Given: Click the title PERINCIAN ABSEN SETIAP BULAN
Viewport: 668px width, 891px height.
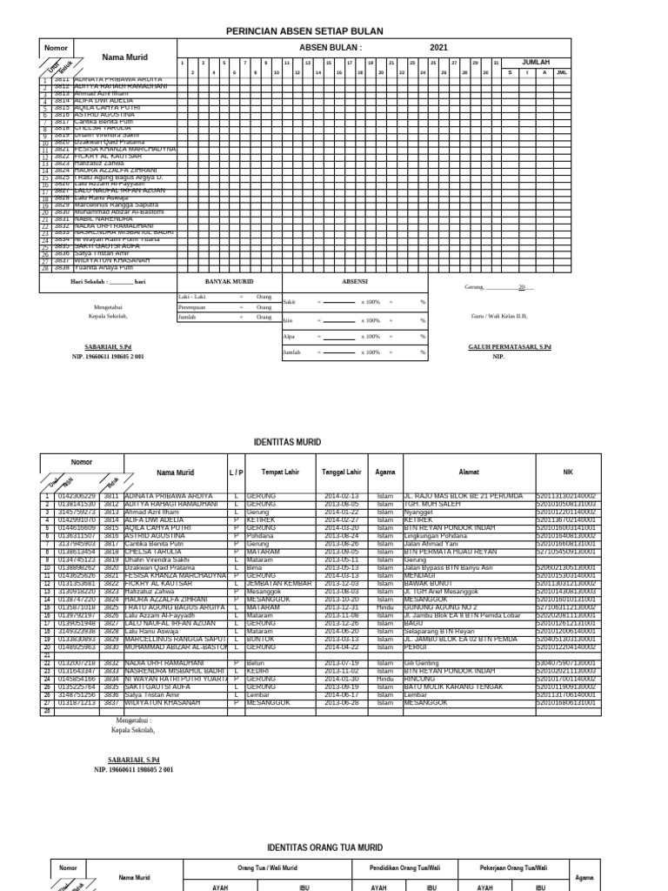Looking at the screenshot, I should coord(304,31).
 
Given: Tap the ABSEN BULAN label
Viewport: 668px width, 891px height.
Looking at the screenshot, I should coord(330,48).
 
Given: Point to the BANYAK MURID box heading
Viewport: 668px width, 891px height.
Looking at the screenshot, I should coord(229,283).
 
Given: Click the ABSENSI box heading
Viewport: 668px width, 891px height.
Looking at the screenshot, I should coord(354,283).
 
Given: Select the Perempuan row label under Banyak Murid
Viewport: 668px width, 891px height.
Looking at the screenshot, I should coord(192,307).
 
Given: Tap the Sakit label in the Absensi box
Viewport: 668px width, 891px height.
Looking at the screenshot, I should coord(289,301).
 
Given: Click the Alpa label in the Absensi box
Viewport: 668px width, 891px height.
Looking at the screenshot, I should coord(288,336).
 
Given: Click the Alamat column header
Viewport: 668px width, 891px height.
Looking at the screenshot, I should coord(469,472).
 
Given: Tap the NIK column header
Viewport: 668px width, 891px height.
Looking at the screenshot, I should coord(568,472).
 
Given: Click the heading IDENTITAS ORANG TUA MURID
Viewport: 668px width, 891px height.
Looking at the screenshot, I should coord(323,847).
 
